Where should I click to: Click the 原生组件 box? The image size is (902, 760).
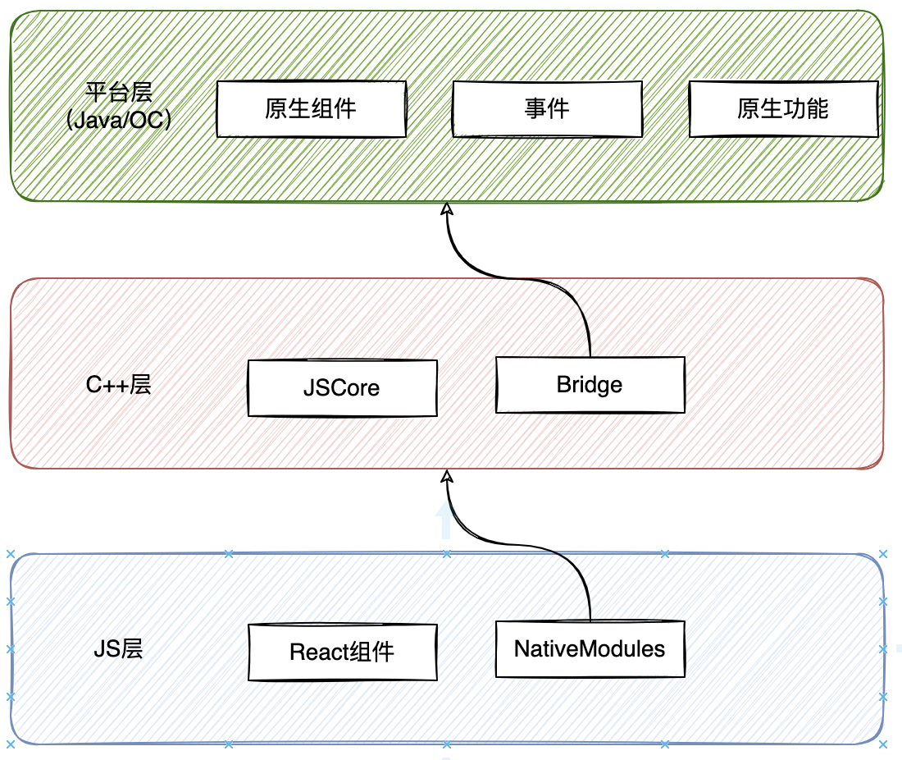click(311, 108)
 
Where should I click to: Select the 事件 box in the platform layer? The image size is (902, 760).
click(547, 108)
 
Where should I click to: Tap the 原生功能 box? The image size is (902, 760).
click(783, 108)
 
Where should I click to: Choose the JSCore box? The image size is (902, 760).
click(342, 387)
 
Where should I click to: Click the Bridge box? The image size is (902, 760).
click(590, 384)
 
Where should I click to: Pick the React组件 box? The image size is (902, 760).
click(342, 652)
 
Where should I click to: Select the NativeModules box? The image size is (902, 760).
click(590, 648)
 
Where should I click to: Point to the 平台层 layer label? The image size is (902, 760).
click(119, 91)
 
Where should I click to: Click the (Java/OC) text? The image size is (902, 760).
click(119, 121)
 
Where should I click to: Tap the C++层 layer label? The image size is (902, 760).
click(119, 385)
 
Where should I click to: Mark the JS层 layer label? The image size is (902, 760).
click(119, 649)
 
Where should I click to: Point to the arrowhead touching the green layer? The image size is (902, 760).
click(447, 210)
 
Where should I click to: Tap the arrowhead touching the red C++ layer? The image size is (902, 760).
click(447, 477)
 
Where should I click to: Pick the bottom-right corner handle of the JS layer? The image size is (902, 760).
click(883, 744)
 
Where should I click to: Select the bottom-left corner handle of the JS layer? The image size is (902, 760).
click(10, 744)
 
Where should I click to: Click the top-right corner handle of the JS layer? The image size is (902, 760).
click(883, 554)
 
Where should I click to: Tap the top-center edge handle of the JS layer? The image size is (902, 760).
click(447, 554)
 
